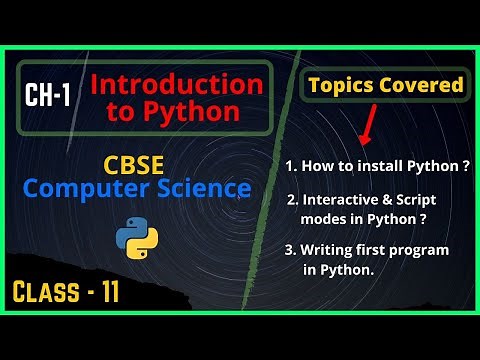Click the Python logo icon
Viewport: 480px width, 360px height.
[x=136, y=237]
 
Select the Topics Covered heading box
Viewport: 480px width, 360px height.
[x=385, y=85]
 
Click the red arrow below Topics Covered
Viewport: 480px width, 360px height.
[x=366, y=129]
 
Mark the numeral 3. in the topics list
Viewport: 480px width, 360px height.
[x=292, y=249]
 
